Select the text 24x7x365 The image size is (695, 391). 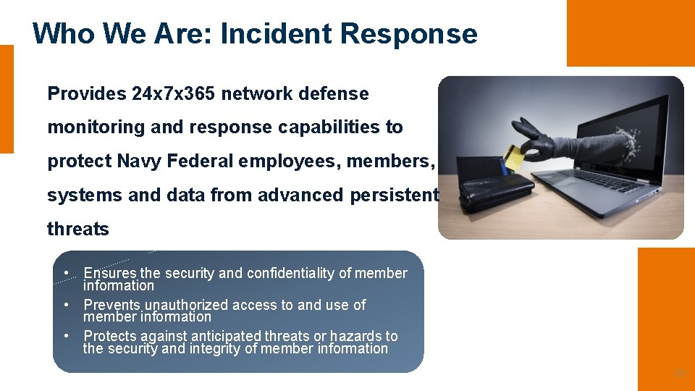tap(174, 94)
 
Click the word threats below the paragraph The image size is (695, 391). tap(77, 229)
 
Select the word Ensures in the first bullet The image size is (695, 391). tap(110, 273)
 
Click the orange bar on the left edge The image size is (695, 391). tap(7, 99)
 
